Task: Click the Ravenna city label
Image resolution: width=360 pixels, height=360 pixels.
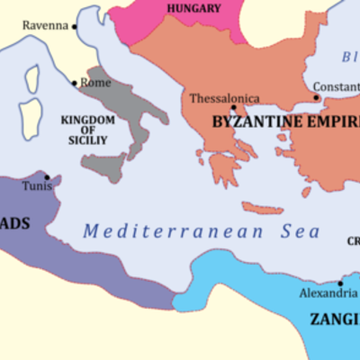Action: point(45,25)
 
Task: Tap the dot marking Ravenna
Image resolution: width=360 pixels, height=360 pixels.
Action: point(75,26)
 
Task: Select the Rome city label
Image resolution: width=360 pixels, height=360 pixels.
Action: point(95,83)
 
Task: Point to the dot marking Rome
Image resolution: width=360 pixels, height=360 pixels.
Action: point(75,83)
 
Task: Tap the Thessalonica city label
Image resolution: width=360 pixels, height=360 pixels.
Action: point(225,99)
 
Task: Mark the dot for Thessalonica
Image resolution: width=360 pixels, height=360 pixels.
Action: point(233,110)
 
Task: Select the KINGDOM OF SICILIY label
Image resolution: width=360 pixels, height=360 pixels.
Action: point(86,130)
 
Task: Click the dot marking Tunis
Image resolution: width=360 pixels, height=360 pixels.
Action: point(46,177)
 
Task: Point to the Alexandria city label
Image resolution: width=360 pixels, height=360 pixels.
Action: point(328,293)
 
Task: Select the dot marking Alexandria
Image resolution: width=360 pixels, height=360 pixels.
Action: point(340,282)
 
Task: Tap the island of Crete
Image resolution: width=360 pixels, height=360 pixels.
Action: point(263,209)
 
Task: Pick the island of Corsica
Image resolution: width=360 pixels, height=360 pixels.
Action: point(33,79)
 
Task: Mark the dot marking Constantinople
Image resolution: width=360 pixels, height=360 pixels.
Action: point(316,97)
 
